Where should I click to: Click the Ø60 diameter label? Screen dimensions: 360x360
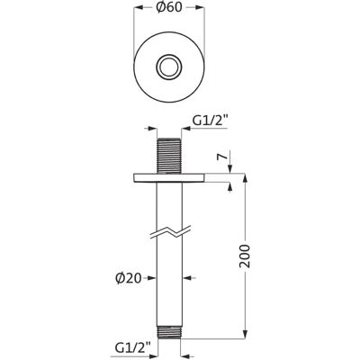169,8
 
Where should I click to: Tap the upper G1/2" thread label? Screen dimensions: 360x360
210,121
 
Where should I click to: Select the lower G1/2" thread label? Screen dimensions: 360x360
132,347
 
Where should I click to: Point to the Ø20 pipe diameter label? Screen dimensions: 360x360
129,278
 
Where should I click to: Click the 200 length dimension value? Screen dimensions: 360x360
245,256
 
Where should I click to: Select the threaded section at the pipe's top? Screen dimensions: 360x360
169,156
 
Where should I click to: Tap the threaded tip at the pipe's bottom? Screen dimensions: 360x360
169,331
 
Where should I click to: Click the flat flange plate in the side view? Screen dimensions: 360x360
169,178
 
